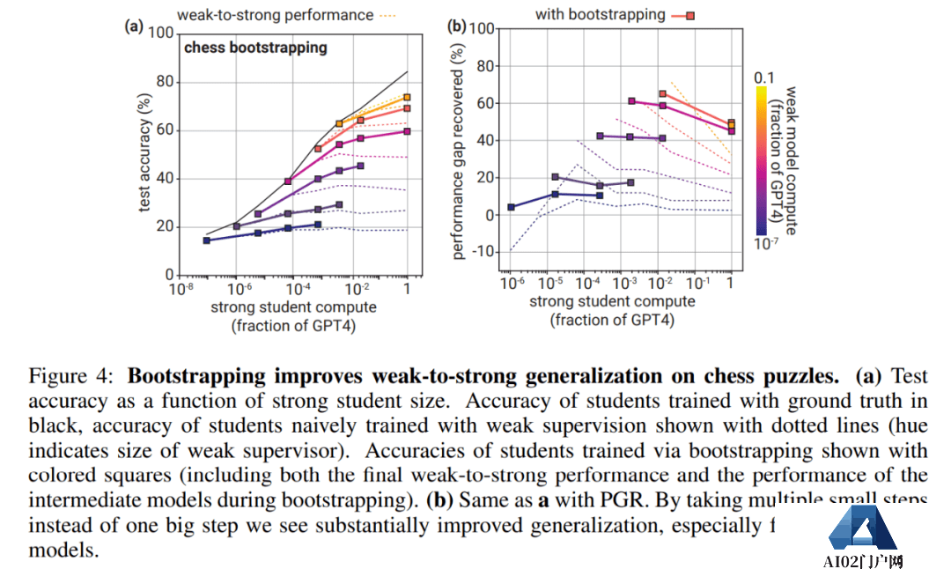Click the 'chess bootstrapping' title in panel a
tap(255, 48)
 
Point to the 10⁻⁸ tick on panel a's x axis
tap(182, 288)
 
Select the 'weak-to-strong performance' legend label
tap(275, 14)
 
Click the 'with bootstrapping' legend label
tap(601, 14)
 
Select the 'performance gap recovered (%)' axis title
tap(459, 152)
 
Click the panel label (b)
tap(457, 26)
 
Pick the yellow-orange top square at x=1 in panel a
tap(407, 98)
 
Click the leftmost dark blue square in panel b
tap(512, 207)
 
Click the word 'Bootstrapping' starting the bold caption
tap(196, 377)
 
